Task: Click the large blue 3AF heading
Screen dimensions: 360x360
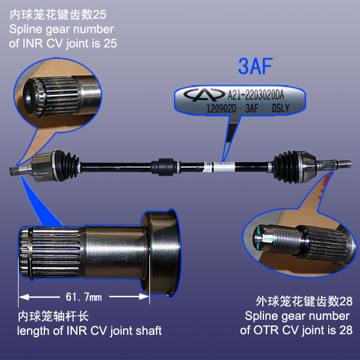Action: [256, 66]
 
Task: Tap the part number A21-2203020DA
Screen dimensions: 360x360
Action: [256, 95]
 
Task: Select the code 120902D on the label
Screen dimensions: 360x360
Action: [221, 109]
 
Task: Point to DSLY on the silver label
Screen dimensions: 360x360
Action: [280, 108]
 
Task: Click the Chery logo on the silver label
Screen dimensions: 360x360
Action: [204, 94]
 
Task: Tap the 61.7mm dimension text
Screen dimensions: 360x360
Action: [83, 297]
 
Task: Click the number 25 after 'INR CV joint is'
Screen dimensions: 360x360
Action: [110, 43]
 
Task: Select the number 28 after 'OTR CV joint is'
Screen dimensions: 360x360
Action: [346, 330]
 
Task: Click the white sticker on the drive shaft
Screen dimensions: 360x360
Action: [219, 167]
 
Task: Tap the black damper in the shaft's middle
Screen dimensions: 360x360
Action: [166, 167]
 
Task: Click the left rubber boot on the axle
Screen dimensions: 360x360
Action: [67, 166]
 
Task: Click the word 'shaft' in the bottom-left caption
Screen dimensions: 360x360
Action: [149, 331]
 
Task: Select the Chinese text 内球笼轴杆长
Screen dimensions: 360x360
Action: [53, 316]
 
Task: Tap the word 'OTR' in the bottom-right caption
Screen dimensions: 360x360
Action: [266, 330]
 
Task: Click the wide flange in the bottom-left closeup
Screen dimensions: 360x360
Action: [161, 253]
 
